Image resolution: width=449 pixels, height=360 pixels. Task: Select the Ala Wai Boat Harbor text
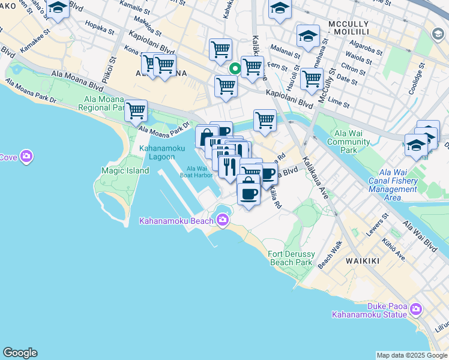(x=199, y=172)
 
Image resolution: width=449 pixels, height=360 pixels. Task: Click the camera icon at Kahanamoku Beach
(x=222, y=220)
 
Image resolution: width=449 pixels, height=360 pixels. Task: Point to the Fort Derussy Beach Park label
(x=291, y=258)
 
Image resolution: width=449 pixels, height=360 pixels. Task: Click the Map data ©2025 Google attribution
(x=412, y=355)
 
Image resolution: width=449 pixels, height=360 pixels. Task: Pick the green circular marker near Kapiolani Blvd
(x=235, y=69)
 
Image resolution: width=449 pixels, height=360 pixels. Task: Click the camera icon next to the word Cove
(x=26, y=157)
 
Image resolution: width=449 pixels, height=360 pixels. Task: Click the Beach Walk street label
(x=330, y=254)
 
